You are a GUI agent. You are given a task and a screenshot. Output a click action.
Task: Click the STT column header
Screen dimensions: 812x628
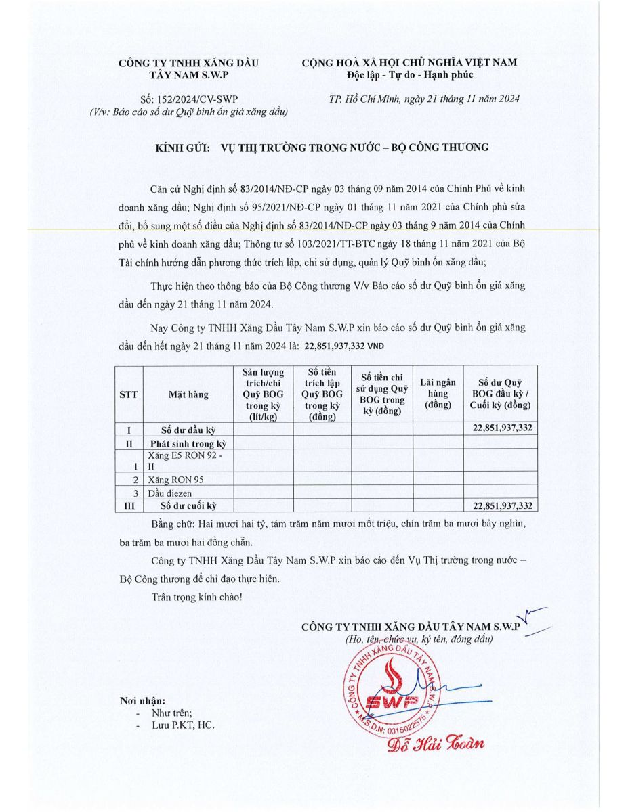[x=129, y=395]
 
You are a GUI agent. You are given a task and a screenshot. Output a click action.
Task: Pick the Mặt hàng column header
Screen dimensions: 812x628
[x=188, y=395]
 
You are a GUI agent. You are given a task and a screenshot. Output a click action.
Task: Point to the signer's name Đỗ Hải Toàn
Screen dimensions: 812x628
[x=436, y=744]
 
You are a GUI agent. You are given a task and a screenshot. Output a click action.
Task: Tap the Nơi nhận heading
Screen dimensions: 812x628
[x=142, y=701]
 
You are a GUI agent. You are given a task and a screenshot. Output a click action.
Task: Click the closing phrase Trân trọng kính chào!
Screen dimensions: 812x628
[x=196, y=597]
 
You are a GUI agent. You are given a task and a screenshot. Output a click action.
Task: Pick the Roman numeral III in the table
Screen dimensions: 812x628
[x=129, y=505]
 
